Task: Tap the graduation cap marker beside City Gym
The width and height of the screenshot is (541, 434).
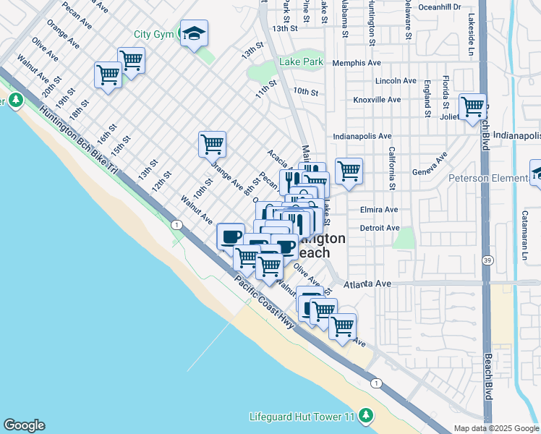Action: point(193,33)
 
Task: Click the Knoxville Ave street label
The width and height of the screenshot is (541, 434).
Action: point(377,100)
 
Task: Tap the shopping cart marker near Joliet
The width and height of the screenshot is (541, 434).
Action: point(472,107)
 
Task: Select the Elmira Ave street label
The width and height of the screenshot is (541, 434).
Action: point(379,210)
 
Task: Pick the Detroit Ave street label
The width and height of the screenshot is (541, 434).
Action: point(380,228)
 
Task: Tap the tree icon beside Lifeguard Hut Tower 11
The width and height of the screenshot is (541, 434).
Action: point(367,415)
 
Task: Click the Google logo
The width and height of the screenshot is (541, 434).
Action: point(25,425)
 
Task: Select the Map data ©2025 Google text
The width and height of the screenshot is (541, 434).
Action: point(496,428)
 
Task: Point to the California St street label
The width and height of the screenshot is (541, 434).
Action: point(391,169)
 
